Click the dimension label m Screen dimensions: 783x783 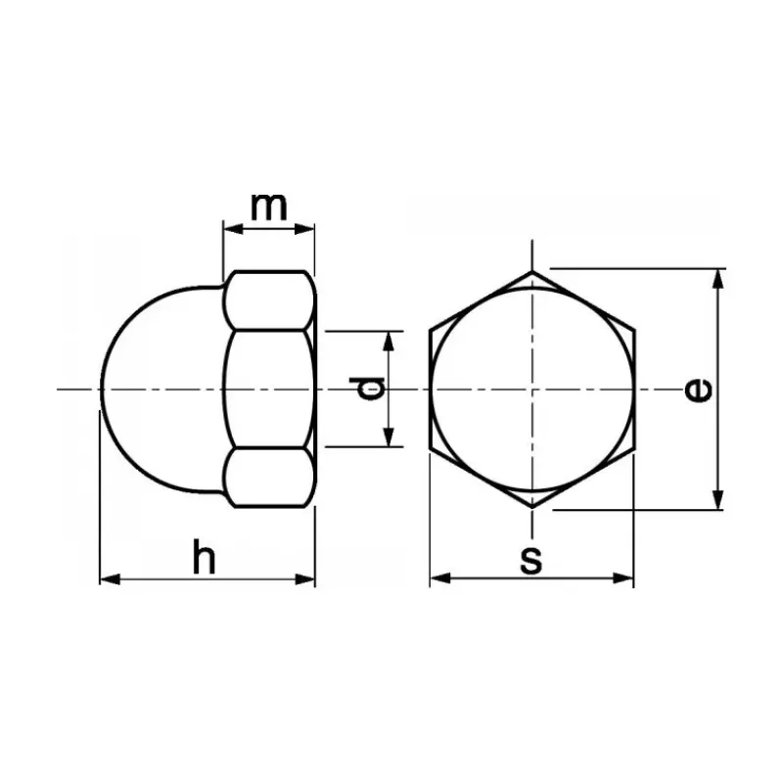pos(269,207)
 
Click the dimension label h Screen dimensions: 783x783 pos(205,556)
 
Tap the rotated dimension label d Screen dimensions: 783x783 pos(367,389)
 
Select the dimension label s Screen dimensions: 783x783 pos(530,560)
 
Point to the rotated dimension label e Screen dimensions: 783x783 pos(698,390)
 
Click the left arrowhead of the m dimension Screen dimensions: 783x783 pos(233,229)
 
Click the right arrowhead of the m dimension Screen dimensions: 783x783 pos(305,229)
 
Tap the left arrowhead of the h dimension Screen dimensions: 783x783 pos(110,579)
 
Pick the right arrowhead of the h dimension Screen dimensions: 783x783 pos(305,579)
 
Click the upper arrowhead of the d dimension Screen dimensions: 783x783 pos(389,341)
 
